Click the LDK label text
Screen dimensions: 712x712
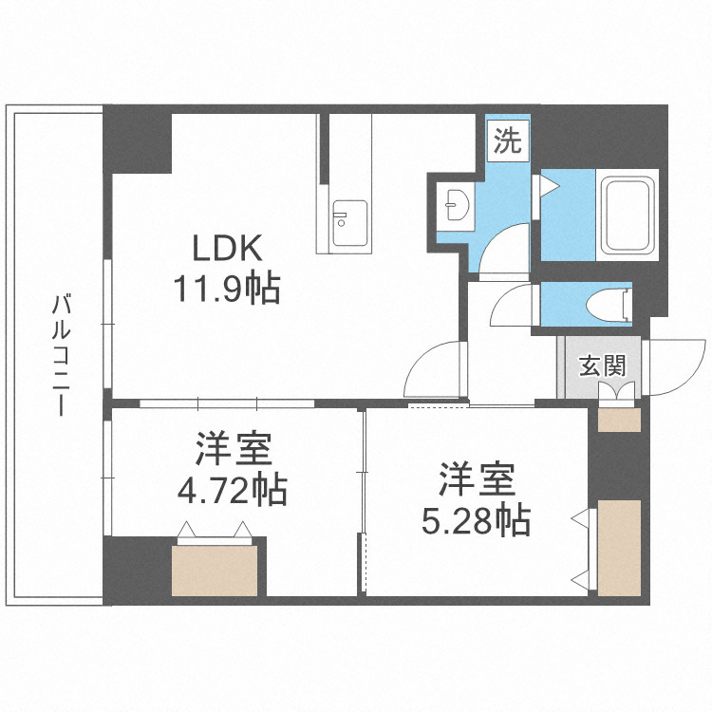tap(227, 249)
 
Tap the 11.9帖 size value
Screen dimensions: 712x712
tap(226, 287)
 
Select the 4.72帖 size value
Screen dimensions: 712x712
tap(234, 490)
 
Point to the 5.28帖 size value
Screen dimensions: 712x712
tap(477, 520)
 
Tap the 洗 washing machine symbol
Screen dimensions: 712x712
tap(509, 143)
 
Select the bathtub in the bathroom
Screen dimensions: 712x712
tap(627, 214)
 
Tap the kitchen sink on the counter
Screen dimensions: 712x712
tap(348, 216)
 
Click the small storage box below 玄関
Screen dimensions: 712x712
tap(619, 419)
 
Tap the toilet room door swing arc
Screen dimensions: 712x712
tap(513, 308)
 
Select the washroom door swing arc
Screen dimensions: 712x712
tap(503, 250)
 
